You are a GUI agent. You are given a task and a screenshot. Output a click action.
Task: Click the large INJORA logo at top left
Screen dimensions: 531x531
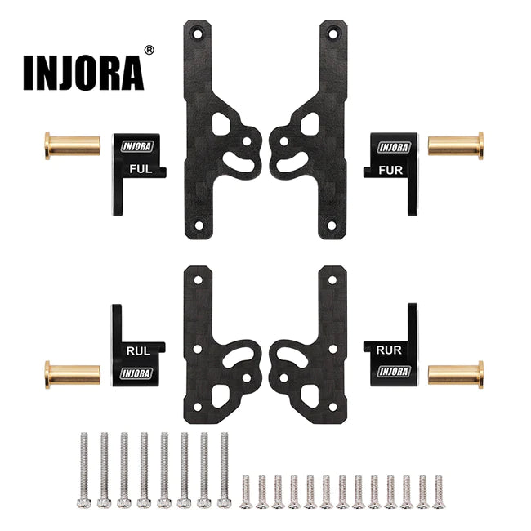tap(84, 73)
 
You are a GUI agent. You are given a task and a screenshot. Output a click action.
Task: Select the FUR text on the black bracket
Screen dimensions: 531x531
tap(391, 171)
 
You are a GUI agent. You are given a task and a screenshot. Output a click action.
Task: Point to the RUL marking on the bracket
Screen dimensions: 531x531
tap(137, 351)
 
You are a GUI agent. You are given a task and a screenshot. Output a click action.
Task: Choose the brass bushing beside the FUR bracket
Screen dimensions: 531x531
tap(456, 145)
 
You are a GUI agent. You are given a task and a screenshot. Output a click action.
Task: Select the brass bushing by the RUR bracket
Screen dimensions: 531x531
tap(456, 374)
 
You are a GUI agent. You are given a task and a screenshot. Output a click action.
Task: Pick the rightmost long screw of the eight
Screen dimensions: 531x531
tap(224, 471)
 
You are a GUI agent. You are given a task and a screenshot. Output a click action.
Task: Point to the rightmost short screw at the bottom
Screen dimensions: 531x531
tap(439, 491)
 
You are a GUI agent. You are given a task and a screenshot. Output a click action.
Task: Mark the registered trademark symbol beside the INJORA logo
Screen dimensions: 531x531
tap(149, 51)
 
